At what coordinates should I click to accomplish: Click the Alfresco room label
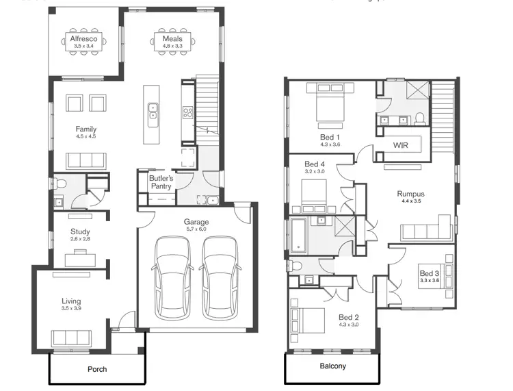(85, 39)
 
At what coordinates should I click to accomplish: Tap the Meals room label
(172, 39)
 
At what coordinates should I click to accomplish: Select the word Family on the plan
(86, 129)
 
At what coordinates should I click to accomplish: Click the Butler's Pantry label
(161, 183)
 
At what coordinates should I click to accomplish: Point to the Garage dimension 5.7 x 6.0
(196, 229)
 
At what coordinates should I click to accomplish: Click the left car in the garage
(172, 278)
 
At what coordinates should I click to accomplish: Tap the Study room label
(81, 231)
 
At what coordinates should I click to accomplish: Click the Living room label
(71, 301)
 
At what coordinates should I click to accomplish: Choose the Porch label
(97, 370)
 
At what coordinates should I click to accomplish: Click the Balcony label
(333, 366)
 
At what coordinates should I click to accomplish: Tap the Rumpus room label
(411, 194)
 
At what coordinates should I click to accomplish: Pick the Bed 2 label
(349, 317)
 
